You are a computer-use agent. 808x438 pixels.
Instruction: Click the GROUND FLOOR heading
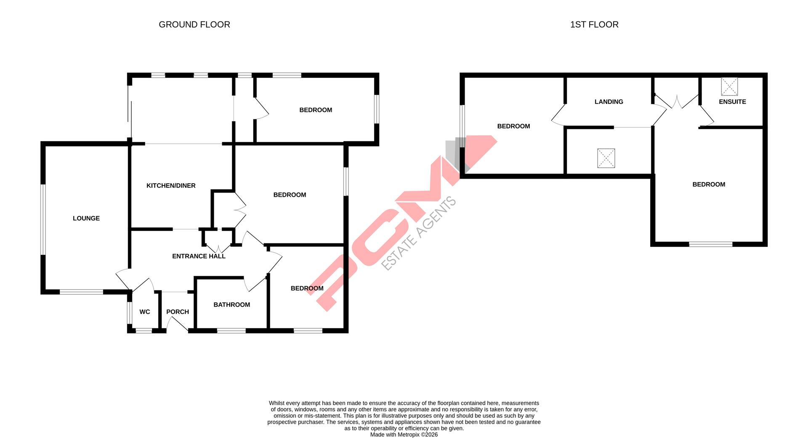click(194, 25)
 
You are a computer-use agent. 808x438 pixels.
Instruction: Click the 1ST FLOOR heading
click(594, 25)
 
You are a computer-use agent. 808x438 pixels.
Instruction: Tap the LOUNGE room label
click(86, 218)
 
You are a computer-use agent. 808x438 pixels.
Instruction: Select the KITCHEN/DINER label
click(171, 186)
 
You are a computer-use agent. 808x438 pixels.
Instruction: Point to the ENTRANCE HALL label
click(199, 256)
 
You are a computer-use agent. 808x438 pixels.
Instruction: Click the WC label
click(144, 312)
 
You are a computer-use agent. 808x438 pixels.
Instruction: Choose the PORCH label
click(177, 312)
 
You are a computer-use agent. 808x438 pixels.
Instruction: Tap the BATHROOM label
click(231, 305)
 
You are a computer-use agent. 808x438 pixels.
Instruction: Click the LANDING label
click(609, 102)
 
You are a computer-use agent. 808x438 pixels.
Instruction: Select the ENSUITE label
click(732, 102)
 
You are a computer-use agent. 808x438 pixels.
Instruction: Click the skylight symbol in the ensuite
click(729, 87)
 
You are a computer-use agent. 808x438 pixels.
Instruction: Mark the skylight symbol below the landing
click(606, 158)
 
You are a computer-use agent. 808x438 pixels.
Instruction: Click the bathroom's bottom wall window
click(231, 331)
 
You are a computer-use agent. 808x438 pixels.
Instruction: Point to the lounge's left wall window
click(43, 219)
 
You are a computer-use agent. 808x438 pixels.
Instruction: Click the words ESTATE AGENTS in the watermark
click(419, 233)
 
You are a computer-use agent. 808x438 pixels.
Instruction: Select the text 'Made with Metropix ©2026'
click(404, 435)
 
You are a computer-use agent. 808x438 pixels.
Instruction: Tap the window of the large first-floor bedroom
click(710, 244)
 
